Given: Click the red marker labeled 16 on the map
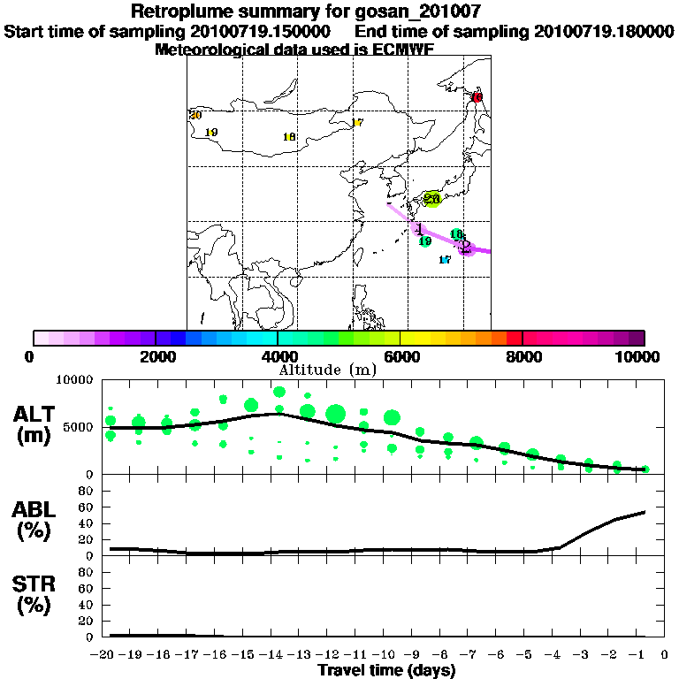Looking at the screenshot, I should click(x=477, y=97).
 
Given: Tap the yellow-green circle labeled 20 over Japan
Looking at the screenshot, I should click(x=432, y=199).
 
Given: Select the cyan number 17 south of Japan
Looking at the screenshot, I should click(x=445, y=260).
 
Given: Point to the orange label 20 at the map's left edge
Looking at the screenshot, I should click(x=195, y=116).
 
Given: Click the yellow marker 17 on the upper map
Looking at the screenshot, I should click(x=357, y=123).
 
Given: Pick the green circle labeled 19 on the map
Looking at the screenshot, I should click(x=424, y=241).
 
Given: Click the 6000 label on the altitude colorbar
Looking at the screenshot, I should click(x=401, y=356).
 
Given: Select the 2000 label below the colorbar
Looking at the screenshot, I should click(x=156, y=356).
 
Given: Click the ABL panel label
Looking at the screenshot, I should click(x=35, y=522).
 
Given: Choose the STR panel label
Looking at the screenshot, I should click(x=35, y=595).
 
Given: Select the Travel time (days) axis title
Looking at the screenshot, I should click(x=386, y=670).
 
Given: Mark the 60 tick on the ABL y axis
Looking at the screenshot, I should click(x=88, y=507).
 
